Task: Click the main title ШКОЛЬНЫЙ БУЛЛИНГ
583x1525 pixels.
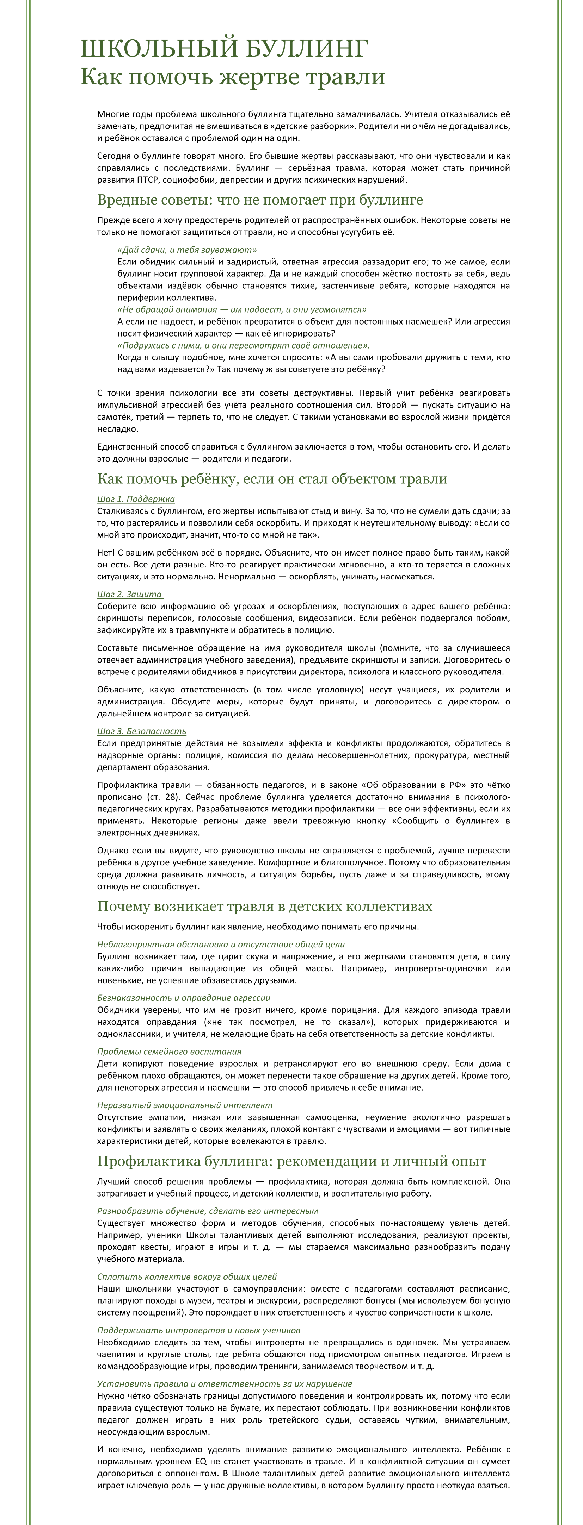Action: coord(224,49)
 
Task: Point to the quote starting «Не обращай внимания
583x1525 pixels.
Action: coord(242,310)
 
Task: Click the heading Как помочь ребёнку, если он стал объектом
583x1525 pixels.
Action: coord(272,479)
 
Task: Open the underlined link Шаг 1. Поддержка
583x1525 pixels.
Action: coord(136,499)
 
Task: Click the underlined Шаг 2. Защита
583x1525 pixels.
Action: coord(130,594)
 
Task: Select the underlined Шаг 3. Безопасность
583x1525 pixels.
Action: coord(142,731)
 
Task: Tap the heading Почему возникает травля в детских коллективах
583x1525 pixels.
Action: coord(264,906)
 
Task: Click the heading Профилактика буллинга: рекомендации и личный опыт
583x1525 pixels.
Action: coord(291,1161)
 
